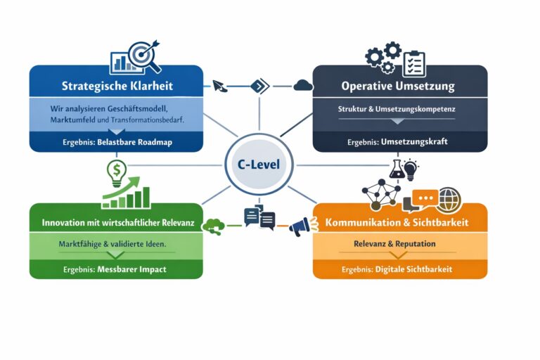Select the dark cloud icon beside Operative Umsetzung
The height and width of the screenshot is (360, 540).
[x=303, y=86]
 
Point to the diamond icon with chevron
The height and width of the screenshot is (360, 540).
[x=259, y=86]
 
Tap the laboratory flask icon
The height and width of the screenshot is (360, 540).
[x=395, y=169]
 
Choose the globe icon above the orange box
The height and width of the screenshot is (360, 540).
[x=448, y=200]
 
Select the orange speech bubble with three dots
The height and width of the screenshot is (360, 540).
[x=425, y=199]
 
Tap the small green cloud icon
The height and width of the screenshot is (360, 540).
[x=212, y=226]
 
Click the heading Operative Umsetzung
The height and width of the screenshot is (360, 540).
[x=397, y=86]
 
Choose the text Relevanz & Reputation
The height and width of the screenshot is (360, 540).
[x=394, y=244]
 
